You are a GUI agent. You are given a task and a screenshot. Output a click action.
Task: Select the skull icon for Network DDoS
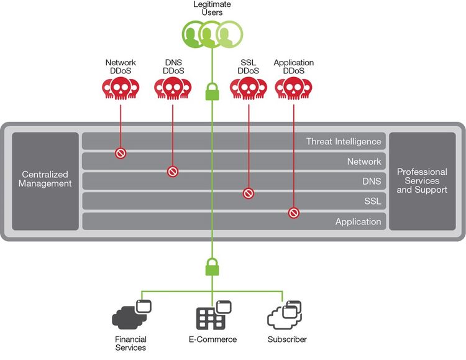[x=121, y=89]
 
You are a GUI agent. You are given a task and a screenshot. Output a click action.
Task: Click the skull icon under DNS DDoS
[x=173, y=89]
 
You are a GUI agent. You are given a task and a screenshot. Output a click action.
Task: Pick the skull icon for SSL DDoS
[x=248, y=89]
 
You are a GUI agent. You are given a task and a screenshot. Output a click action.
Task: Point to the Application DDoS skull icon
[x=293, y=89]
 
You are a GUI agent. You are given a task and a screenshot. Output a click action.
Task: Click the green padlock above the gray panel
[x=211, y=92]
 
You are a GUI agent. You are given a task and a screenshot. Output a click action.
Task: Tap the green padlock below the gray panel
[x=211, y=267]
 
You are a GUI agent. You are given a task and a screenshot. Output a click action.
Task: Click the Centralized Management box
[x=45, y=179]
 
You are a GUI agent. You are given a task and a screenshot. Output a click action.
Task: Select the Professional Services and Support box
[x=422, y=180]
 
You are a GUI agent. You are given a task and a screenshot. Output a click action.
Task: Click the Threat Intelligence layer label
[x=343, y=142]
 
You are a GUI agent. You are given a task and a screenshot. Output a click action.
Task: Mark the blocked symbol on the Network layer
[x=121, y=153]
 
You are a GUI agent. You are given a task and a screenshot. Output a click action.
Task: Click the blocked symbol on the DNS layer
[x=173, y=172]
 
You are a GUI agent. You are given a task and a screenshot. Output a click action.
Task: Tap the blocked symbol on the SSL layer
[x=248, y=193]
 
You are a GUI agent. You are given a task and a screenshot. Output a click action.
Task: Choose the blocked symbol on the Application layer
[x=293, y=213]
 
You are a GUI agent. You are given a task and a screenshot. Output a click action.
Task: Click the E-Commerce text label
[x=212, y=339]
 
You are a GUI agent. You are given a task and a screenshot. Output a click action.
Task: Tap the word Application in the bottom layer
[x=358, y=222]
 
